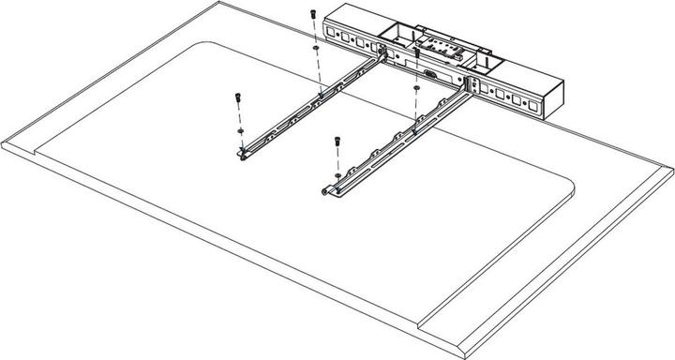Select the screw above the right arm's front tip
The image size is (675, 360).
click(337, 142)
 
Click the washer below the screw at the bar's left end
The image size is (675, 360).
click(316, 46)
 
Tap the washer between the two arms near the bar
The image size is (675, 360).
click(415, 91)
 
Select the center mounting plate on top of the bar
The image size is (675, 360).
click(437, 43)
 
